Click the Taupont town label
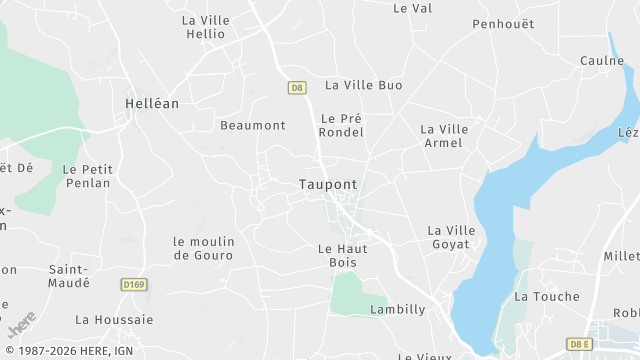coord(327,185)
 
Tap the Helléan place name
coord(150,103)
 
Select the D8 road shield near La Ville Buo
coord(297,88)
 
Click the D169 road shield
coord(134,285)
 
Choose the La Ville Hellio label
coord(205,27)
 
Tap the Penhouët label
coord(503,24)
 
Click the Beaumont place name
coord(253,126)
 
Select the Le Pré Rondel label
coord(340,125)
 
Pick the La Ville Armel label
coord(444,136)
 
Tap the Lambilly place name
coord(397,310)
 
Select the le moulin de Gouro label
coord(203,248)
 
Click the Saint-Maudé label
coord(69,276)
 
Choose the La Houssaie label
coord(114,320)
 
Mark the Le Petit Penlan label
coord(87,176)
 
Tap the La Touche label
coord(546,297)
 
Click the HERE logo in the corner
coord(22,325)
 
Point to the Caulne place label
coord(602,61)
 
